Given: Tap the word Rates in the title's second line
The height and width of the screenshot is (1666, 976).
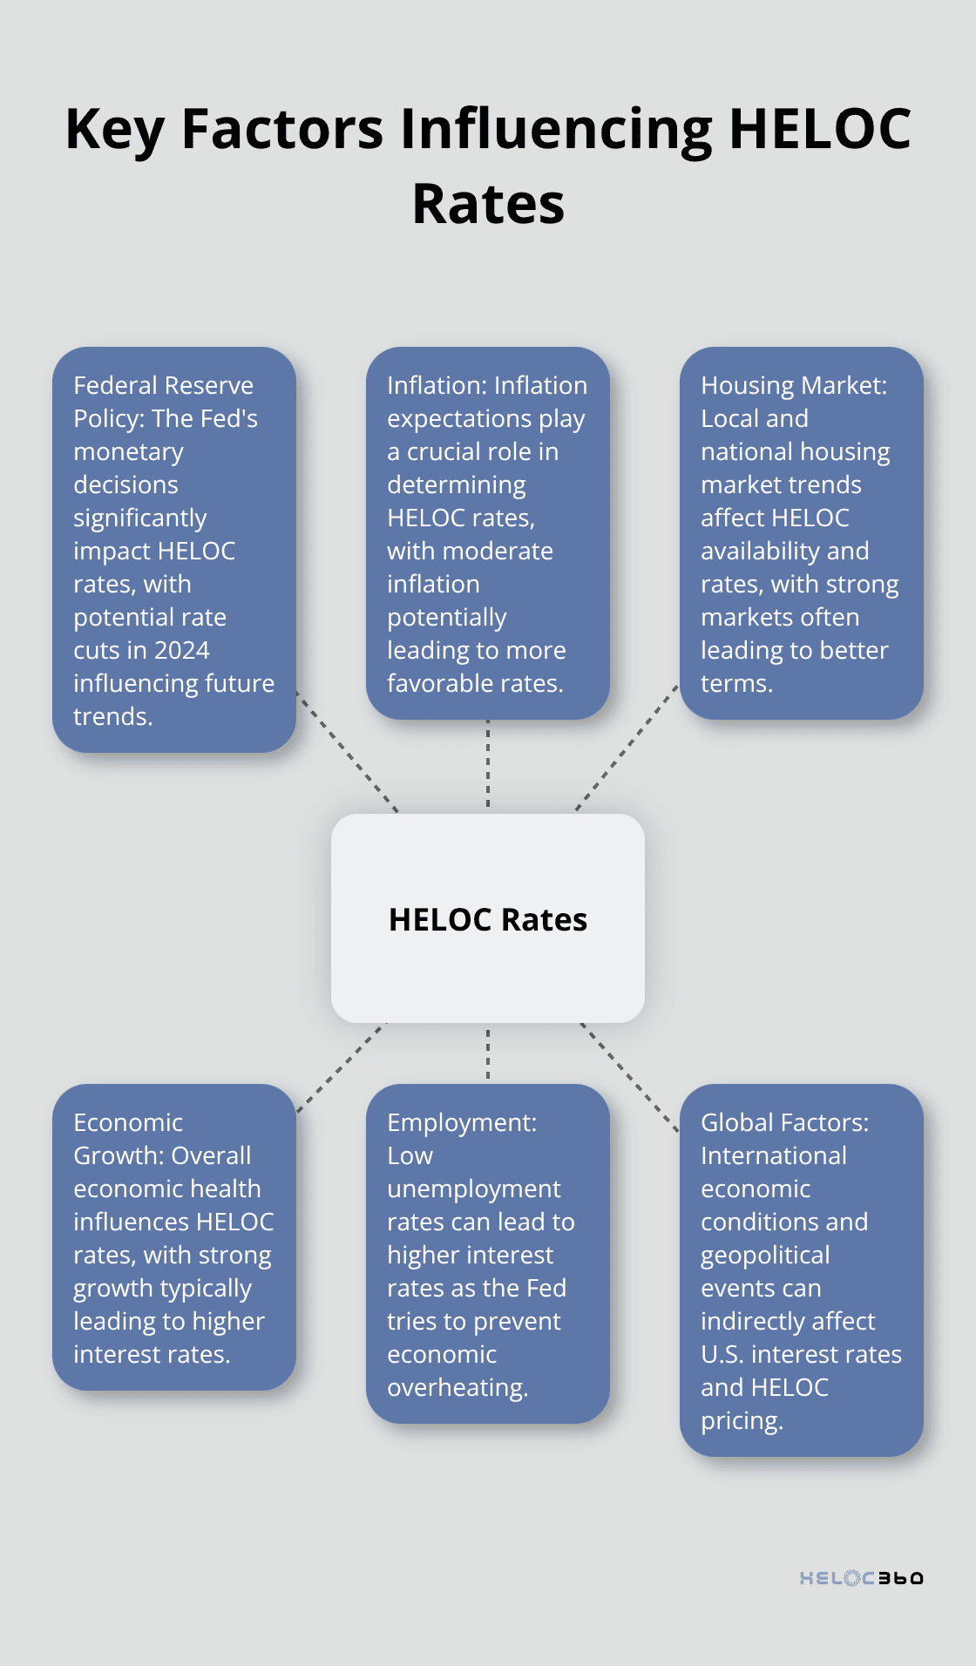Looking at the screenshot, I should click(488, 205).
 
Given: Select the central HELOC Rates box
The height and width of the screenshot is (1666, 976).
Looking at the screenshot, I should click(488, 918).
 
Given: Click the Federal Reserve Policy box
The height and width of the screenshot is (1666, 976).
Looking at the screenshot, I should click(174, 550).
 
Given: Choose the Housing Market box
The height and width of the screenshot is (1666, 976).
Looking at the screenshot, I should click(801, 533).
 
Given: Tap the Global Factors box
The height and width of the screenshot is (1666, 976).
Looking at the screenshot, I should click(801, 1270).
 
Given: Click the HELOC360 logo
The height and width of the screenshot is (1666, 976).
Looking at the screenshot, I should click(861, 1578).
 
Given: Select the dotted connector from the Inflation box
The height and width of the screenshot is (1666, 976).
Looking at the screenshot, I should click(488, 765).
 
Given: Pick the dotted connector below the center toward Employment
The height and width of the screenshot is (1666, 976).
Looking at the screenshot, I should click(488, 1053).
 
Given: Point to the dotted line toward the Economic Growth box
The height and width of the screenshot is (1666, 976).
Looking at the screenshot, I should click(341, 1067).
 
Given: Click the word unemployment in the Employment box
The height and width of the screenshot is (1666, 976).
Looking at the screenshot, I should click(473, 1189).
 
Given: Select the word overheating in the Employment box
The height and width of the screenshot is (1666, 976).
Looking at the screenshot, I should click(457, 1387).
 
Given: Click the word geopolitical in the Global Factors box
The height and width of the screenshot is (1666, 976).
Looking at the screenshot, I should click(765, 1255).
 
